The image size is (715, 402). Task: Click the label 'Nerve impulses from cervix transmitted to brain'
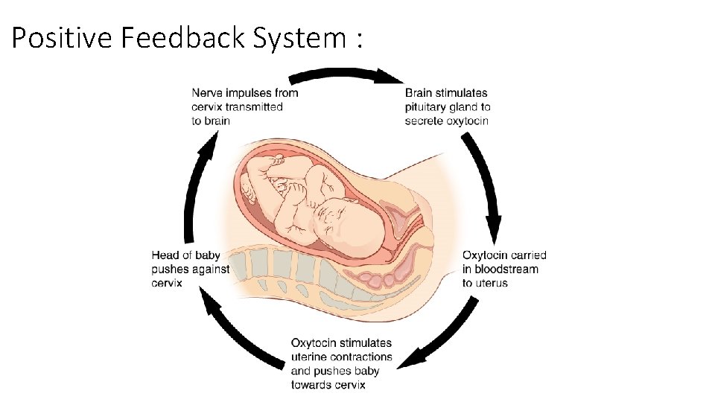[244, 106]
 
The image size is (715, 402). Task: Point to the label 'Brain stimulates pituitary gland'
[448, 106]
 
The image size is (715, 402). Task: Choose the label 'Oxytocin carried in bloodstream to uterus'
[504, 269]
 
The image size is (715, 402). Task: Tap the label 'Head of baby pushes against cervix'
[190, 269]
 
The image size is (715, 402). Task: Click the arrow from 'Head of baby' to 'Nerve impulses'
[197, 186]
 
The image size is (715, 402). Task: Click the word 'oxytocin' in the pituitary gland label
[467, 121]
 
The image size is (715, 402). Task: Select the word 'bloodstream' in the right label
[506, 269]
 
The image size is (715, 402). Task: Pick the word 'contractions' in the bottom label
[360, 357]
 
